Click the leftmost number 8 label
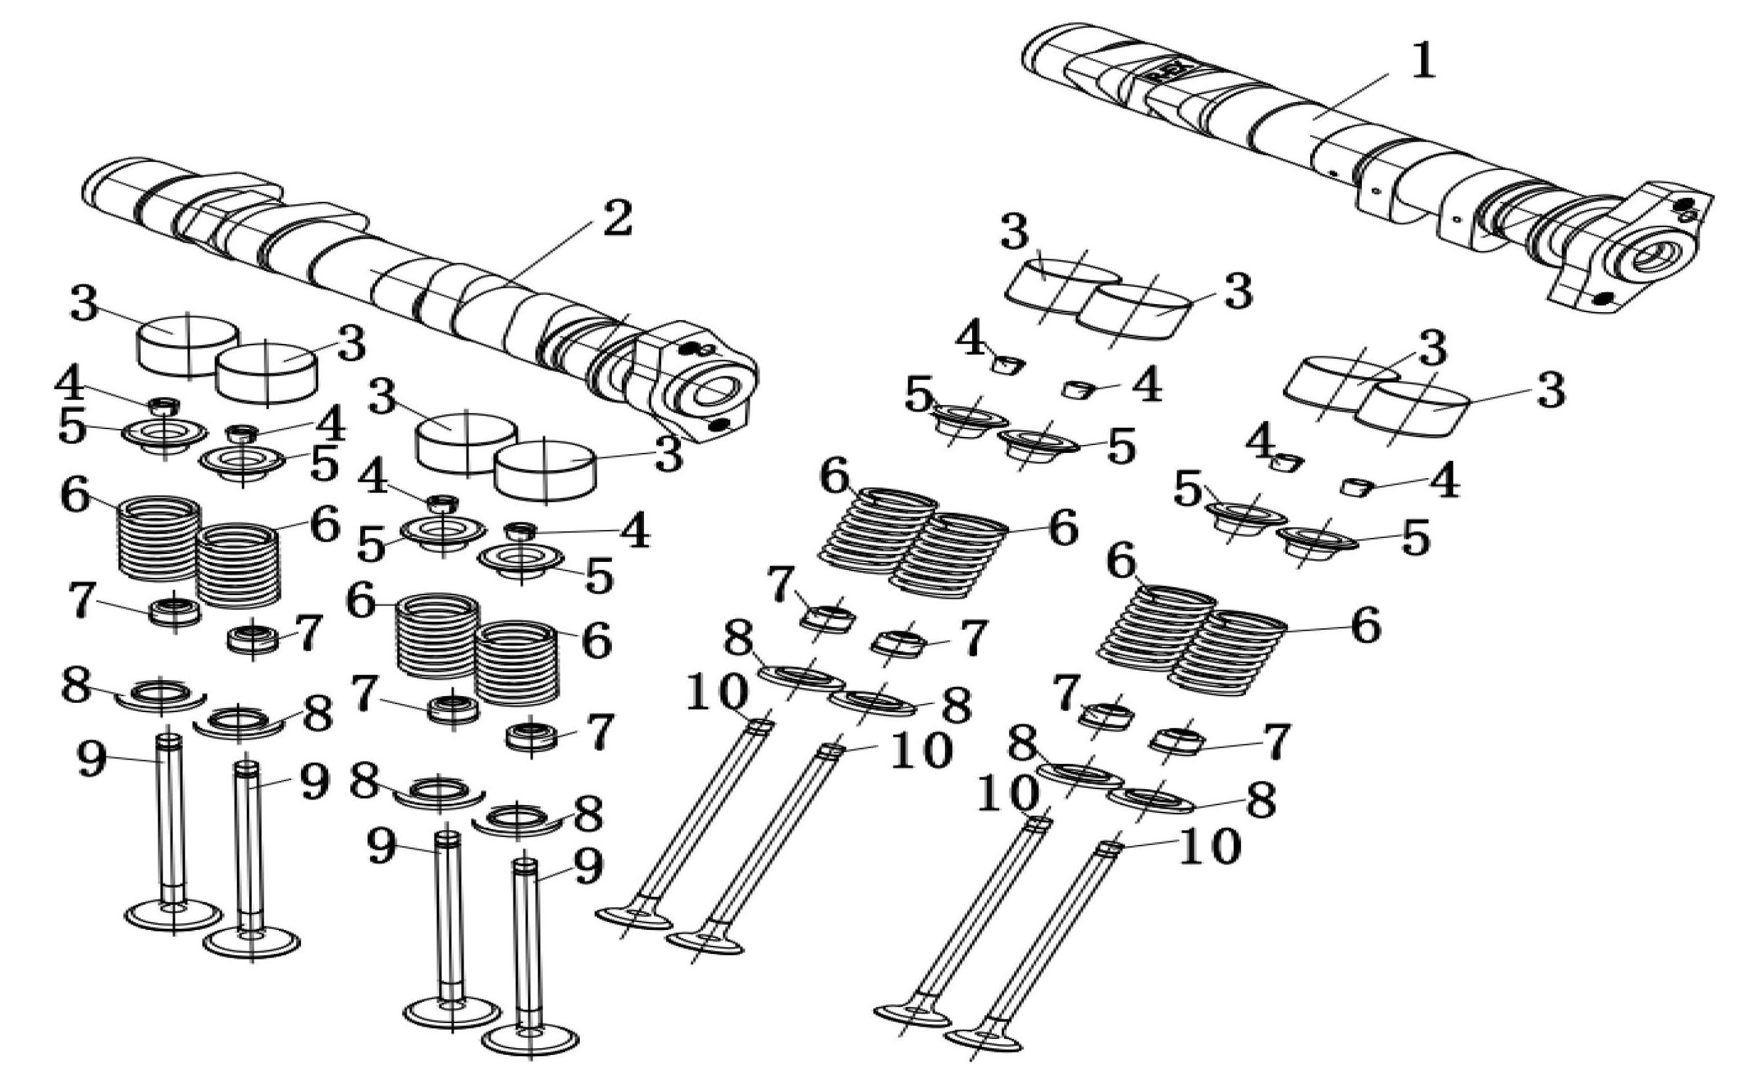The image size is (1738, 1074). [76, 685]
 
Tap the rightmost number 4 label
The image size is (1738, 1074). [1444, 480]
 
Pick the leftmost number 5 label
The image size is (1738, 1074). [72, 428]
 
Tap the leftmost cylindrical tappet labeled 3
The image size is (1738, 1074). [188, 346]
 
